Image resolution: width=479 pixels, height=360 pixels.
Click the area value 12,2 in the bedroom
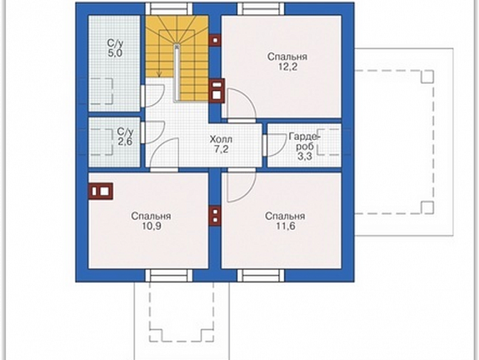click(287, 67)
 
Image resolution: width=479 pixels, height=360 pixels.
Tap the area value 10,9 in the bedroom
click(151, 226)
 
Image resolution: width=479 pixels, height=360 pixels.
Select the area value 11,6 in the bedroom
click(286, 226)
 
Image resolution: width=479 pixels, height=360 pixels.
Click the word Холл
click(221, 139)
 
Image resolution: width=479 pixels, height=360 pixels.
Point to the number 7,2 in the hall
click(221, 150)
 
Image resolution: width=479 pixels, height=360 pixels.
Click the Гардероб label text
click(304, 141)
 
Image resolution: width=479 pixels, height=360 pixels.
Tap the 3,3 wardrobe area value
click(305, 157)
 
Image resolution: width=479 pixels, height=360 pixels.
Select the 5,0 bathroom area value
click(115, 53)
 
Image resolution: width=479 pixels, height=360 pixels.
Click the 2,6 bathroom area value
click(125, 141)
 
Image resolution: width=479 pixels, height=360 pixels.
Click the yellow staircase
click(177, 58)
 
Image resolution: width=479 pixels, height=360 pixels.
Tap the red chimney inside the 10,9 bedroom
click(100, 191)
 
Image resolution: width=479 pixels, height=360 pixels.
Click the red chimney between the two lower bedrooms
click(215, 216)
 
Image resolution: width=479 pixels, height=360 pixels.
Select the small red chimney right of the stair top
click(215, 40)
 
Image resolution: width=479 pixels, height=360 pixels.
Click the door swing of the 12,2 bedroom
click(241, 104)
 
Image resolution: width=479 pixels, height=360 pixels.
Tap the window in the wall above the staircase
click(168, 8)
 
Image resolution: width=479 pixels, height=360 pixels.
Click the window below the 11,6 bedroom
click(261, 275)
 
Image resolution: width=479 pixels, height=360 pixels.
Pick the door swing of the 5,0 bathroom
click(155, 95)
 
